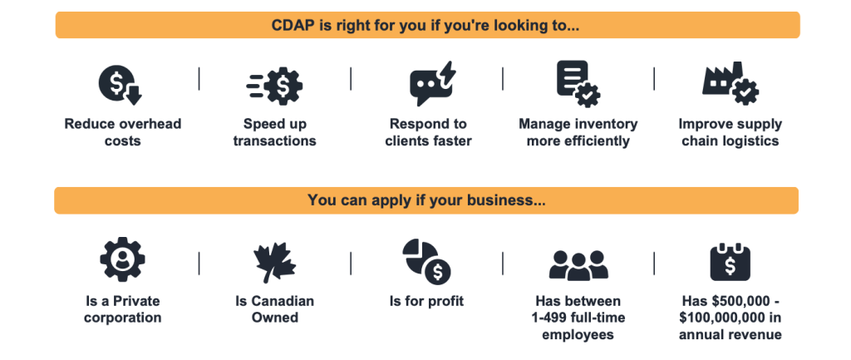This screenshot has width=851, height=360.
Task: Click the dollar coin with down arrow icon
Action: pyautogui.click(x=120, y=84)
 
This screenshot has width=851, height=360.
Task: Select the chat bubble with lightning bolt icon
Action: pyautogui.click(x=431, y=83)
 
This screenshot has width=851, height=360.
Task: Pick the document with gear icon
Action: pyautogui.click(x=578, y=83)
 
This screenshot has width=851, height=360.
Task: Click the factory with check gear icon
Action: pyautogui.click(x=730, y=83)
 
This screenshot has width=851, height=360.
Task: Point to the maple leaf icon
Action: pyautogui.click(x=274, y=262)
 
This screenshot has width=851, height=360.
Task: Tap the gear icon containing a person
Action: pyautogui.click(x=123, y=259)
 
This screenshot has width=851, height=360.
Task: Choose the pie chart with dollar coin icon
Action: pyautogui.click(x=426, y=262)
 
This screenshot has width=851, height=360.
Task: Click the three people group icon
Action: pyautogui.click(x=578, y=265)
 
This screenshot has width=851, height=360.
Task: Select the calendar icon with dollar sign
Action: pyautogui.click(x=730, y=262)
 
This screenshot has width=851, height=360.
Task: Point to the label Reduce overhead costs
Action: pyautogui.click(x=123, y=132)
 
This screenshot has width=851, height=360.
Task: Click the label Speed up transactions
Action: pyautogui.click(x=274, y=132)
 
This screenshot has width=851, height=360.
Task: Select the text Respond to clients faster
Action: pyautogui.click(x=428, y=132)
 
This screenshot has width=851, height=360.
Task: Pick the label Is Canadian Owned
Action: pyautogui.click(x=274, y=309)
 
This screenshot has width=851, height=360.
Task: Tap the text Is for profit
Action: pyautogui.click(x=426, y=301)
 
